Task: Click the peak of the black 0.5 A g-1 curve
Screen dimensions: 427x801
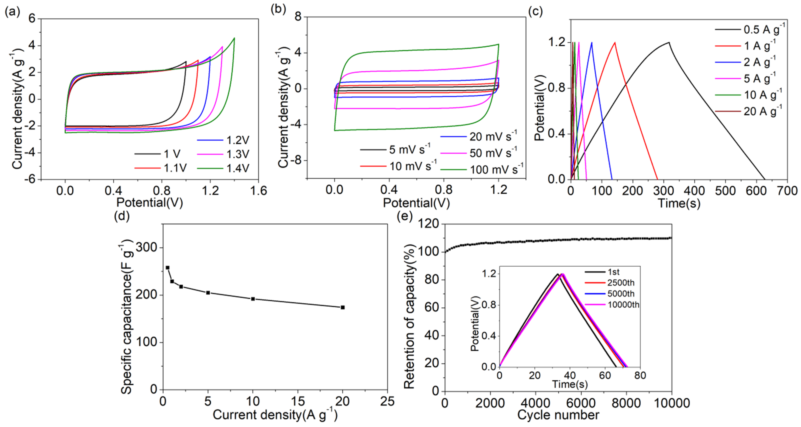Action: [x=669, y=42]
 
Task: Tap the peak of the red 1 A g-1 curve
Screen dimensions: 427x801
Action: [x=615, y=42]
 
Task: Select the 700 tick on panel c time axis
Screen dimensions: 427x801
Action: [x=787, y=191]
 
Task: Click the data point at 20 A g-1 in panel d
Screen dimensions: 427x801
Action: [x=343, y=307]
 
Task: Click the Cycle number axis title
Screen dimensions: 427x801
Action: [x=558, y=415]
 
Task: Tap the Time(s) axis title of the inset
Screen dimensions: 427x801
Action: [x=570, y=384]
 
